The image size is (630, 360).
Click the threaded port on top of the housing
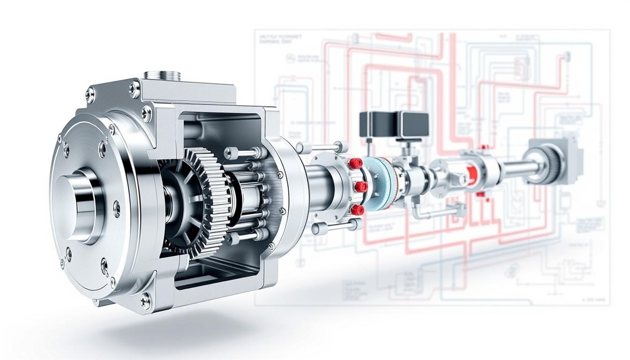pyautogui.click(x=162, y=75)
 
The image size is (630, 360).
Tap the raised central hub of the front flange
pyautogui.click(x=77, y=204)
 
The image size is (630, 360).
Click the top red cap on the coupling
pyautogui.click(x=355, y=163)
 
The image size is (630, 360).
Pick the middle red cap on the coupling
pyautogui.click(x=360, y=187)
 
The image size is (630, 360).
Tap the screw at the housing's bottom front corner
pyautogui.click(x=145, y=300)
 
